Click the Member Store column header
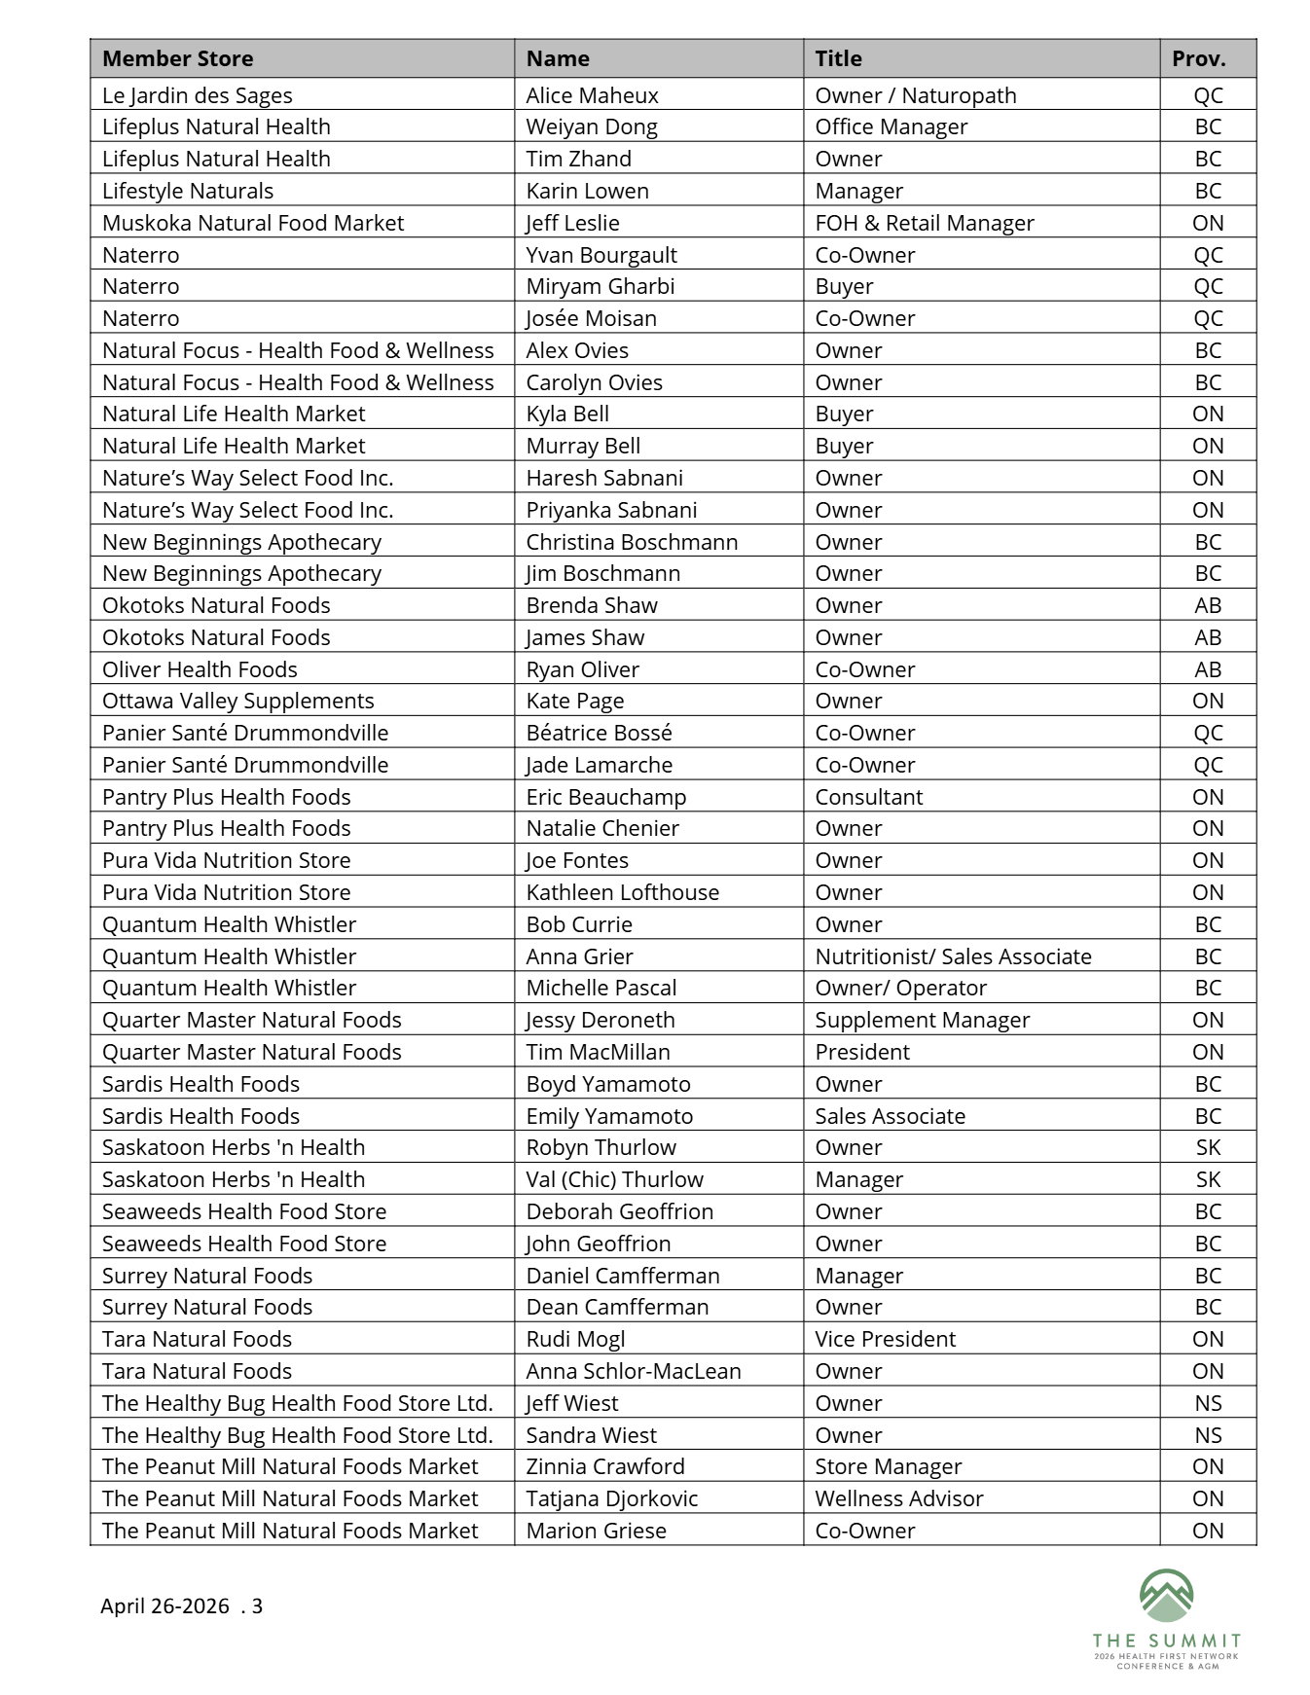click(178, 58)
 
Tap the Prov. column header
click(1198, 58)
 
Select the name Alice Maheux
click(592, 95)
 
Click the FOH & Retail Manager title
click(924, 223)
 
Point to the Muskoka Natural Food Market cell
click(252, 223)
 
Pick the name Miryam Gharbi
click(600, 286)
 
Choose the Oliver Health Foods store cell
click(200, 669)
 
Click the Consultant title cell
click(868, 797)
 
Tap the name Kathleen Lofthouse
click(622, 892)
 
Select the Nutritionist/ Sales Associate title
click(953, 956)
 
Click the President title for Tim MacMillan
click(861, 1052)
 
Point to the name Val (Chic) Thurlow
click(614, 1179)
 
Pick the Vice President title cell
click(885, 1339)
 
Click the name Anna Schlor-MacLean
click(633, 1371)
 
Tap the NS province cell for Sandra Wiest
click(1208, 1435)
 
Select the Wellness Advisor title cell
click(898, 1498)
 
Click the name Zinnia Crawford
click(604, 1466)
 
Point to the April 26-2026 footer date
click(164, 1605)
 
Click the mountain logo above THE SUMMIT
click(1166, 1597)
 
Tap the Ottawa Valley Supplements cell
click(237, 701)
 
